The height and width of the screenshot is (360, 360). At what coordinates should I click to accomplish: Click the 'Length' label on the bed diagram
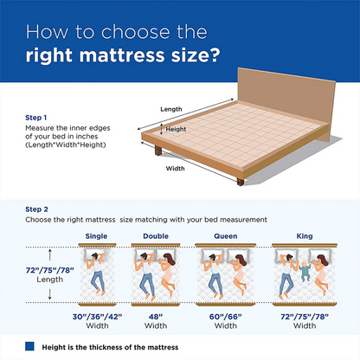pyautogui.click(x=171, y=109)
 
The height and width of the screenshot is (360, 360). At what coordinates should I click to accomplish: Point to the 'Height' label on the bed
pyautogui.click(x=177, y=129)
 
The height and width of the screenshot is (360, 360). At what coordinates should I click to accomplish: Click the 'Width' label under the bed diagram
pyautogui.click(x=176, y=170)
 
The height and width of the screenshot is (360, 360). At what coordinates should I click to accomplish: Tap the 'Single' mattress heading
pyautogui.click(x=97, y=235)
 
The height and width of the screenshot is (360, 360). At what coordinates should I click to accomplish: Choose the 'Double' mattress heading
pyautogui.click(x=156, y=235)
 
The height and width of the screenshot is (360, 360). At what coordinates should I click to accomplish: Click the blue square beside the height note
pyautogui.click(x=29, y=347)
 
